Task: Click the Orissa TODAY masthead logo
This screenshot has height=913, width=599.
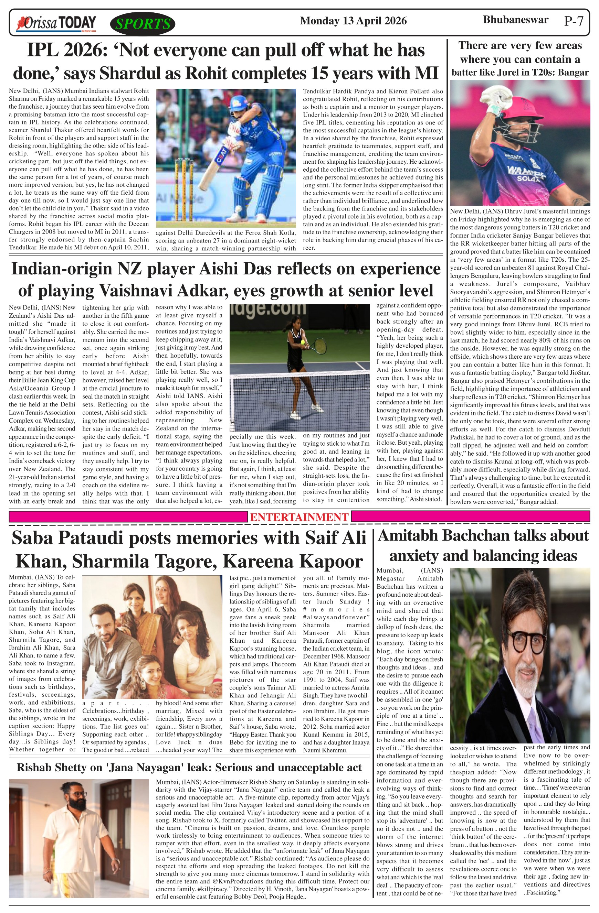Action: [x=56, y=23]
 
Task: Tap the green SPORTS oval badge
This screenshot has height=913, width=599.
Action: [x=143, y=24]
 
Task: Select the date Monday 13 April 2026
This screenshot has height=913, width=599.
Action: [x=353, y=21]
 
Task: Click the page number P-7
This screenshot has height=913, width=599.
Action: [x=574, y=21]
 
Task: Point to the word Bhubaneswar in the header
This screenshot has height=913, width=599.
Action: [x=515, y=20]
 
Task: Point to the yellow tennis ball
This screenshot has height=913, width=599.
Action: [x=303, y=341]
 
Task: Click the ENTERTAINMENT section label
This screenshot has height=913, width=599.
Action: [x=299, y=517]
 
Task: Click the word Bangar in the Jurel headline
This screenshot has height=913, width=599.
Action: [x=572, y=73]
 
